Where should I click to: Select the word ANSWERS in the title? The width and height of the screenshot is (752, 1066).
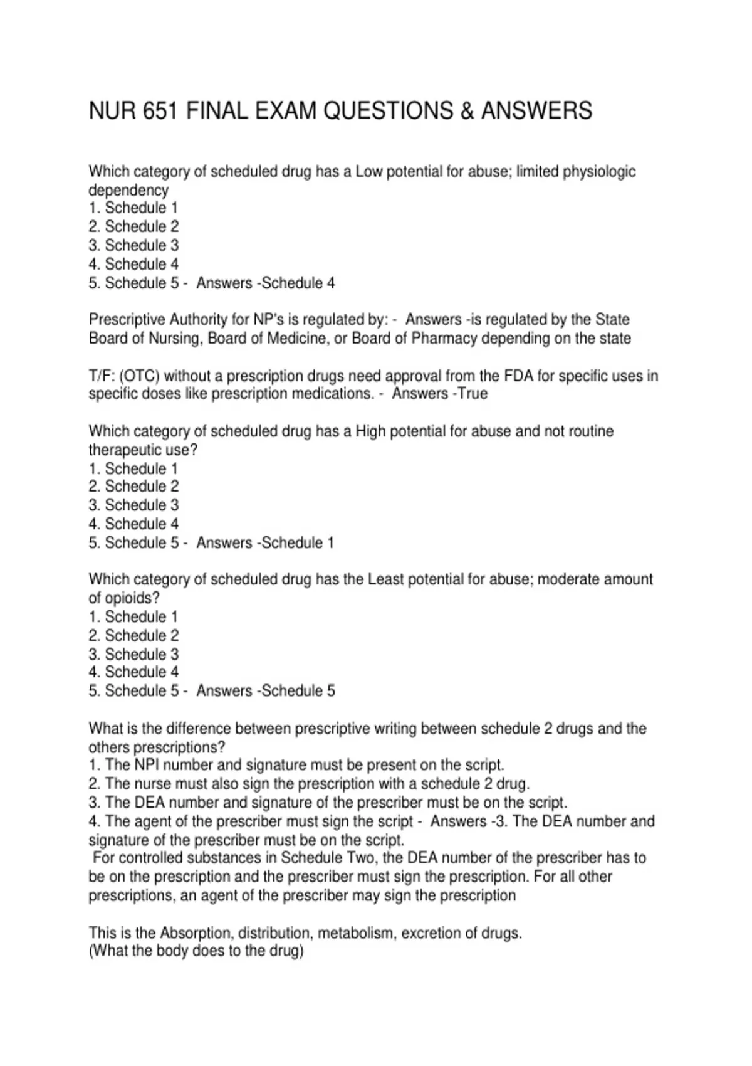tap(536, 111)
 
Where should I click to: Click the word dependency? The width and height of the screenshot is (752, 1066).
tap(128, 190)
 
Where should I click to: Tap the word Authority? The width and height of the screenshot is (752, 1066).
tap(199, 320)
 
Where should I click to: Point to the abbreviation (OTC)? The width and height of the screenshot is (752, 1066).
tap(139, 376)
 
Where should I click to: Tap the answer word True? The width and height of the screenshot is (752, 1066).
tap(473, 394)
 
